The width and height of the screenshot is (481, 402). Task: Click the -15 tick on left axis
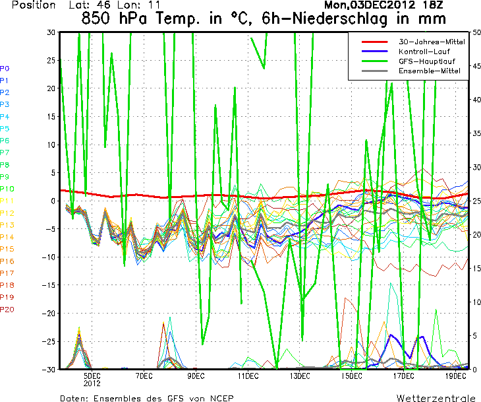[47, 285]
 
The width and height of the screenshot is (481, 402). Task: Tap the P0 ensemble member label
[5, 69]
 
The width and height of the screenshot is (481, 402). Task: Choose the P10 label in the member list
[7, 189]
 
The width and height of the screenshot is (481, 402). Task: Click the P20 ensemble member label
[7, 310]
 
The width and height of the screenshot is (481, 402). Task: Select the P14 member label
[7, 237]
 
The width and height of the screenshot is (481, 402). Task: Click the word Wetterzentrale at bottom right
[436, 399]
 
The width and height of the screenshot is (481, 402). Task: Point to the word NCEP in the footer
[219, 399]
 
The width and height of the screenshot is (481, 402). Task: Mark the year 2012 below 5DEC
[92, 382]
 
